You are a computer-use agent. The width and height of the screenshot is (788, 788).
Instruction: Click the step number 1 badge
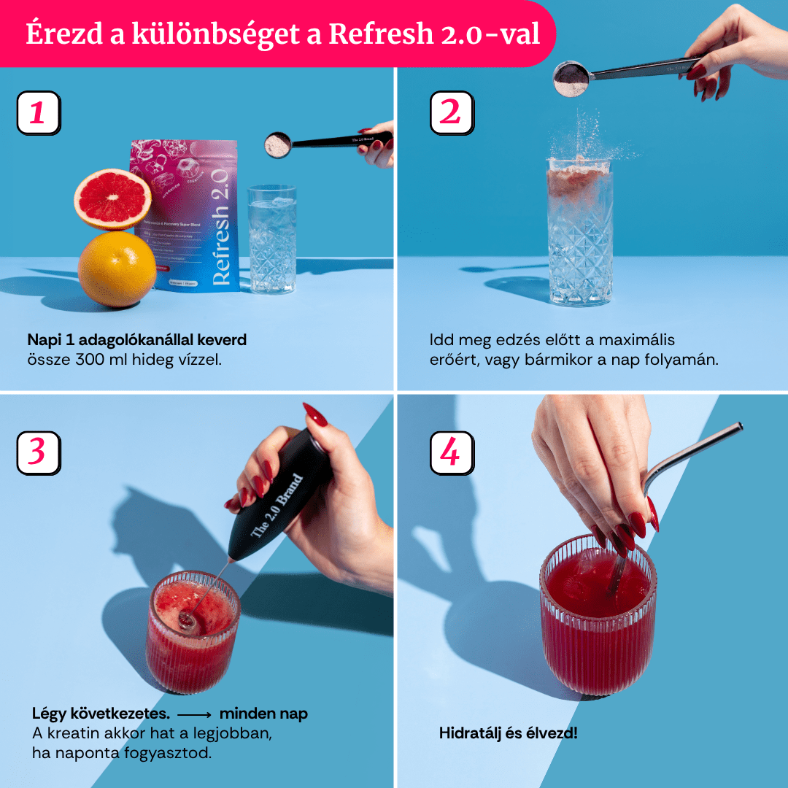pyautogui.click(x=38, y=113)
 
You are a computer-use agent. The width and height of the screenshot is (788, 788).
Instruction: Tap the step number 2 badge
pyautogui.click(x=451, y=113)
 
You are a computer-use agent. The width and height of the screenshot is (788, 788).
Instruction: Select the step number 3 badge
pyautogui.click(x=38, y=452)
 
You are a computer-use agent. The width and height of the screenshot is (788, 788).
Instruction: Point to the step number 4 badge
pyautogui.click(x=451, y=452)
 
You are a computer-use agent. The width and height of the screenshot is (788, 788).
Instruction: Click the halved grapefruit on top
pyautogui.click(x=113, y=198)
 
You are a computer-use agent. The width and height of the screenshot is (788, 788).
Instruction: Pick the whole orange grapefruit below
pyautogui.click(x=117, y=269)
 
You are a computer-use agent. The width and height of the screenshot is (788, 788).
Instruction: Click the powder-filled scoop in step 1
pyautogui.click(x=278, y=143)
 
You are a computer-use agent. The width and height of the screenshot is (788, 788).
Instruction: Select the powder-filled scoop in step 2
pyautogui.click(x=571, y=77)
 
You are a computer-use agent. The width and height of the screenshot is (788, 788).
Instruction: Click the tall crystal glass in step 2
pyautogui.click(x=580, y=233)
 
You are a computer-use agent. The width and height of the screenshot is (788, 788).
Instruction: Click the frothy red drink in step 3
pyautogui.click(x=193, y=631)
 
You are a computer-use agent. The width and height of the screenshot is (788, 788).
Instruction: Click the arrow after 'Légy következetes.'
pyautogui.click(x=195, y=714)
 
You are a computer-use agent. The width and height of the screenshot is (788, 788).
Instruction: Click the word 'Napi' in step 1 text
pyautogui.click(x=43, y=340)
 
